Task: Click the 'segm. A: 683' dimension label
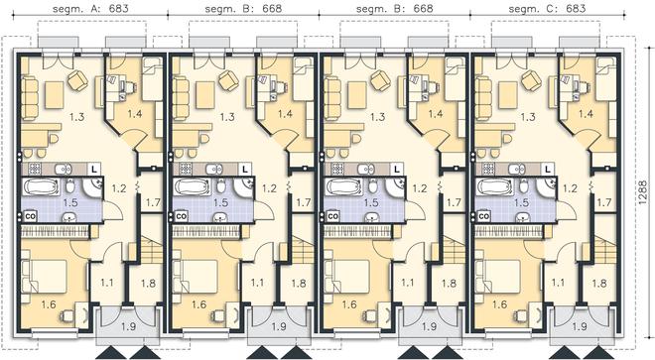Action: click(x=90, y=8)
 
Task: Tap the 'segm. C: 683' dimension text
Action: click(x=548, y=8)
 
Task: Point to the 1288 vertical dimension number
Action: click(x=643, y=192)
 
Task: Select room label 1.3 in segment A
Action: click(x=76, y=116)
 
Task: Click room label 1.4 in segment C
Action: click(x=586, y=113)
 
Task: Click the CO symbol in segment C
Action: click(x=483, y=217)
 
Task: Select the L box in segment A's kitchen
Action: click(x=94, y=170)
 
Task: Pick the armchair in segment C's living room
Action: click(x=531, y=79)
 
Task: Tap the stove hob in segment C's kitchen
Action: click(x=488, y=169)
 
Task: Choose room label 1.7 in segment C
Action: click(x=604, y=202)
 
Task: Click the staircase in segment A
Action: click(x=150, y=249)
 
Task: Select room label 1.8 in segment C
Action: click(x=599, y=284)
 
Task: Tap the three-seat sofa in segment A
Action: click(x=30, y=97)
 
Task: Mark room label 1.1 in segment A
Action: click(x=107, y=283)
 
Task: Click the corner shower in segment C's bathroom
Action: click(x=546, y=186)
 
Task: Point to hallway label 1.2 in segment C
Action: click(x=570, y=188)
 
